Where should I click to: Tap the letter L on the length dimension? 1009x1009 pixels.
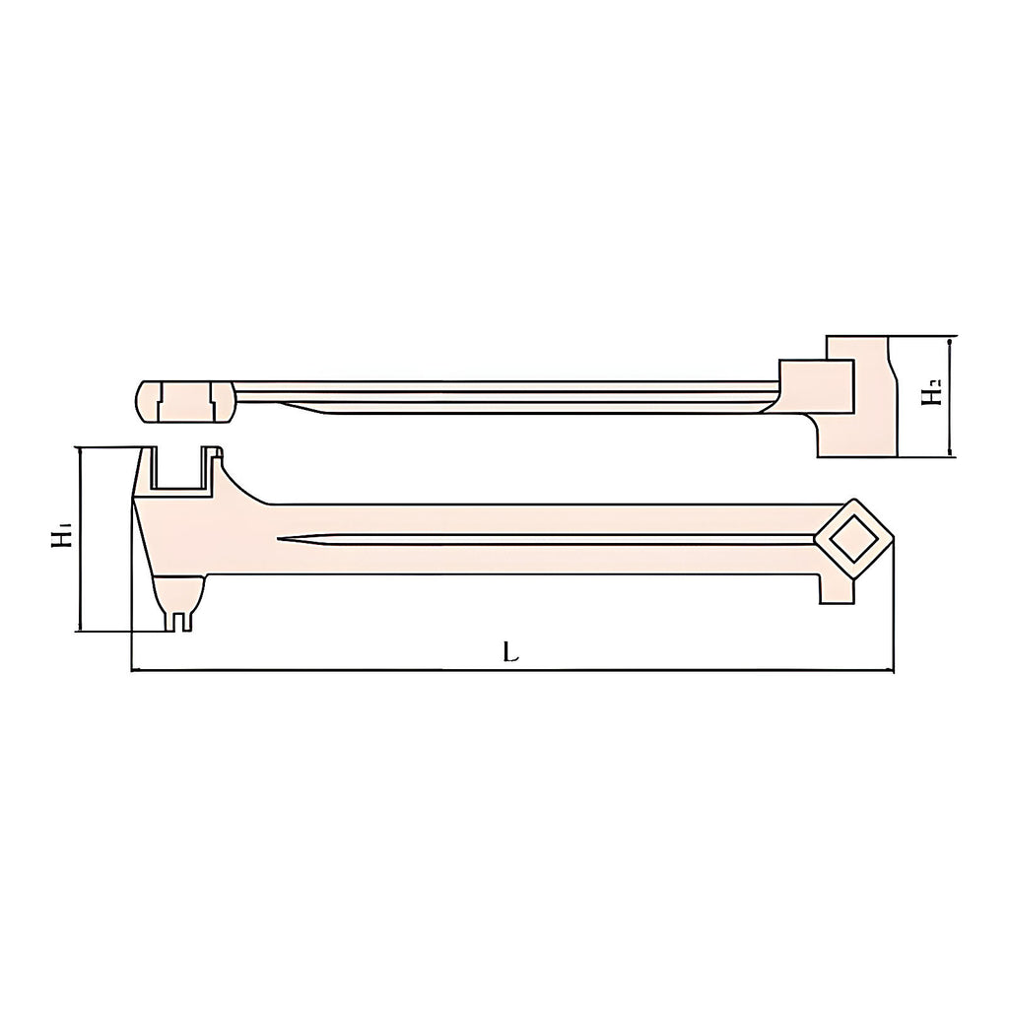511,653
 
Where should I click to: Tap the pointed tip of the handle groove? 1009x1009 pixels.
277,538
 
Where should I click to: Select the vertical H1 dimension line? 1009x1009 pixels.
80,539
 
